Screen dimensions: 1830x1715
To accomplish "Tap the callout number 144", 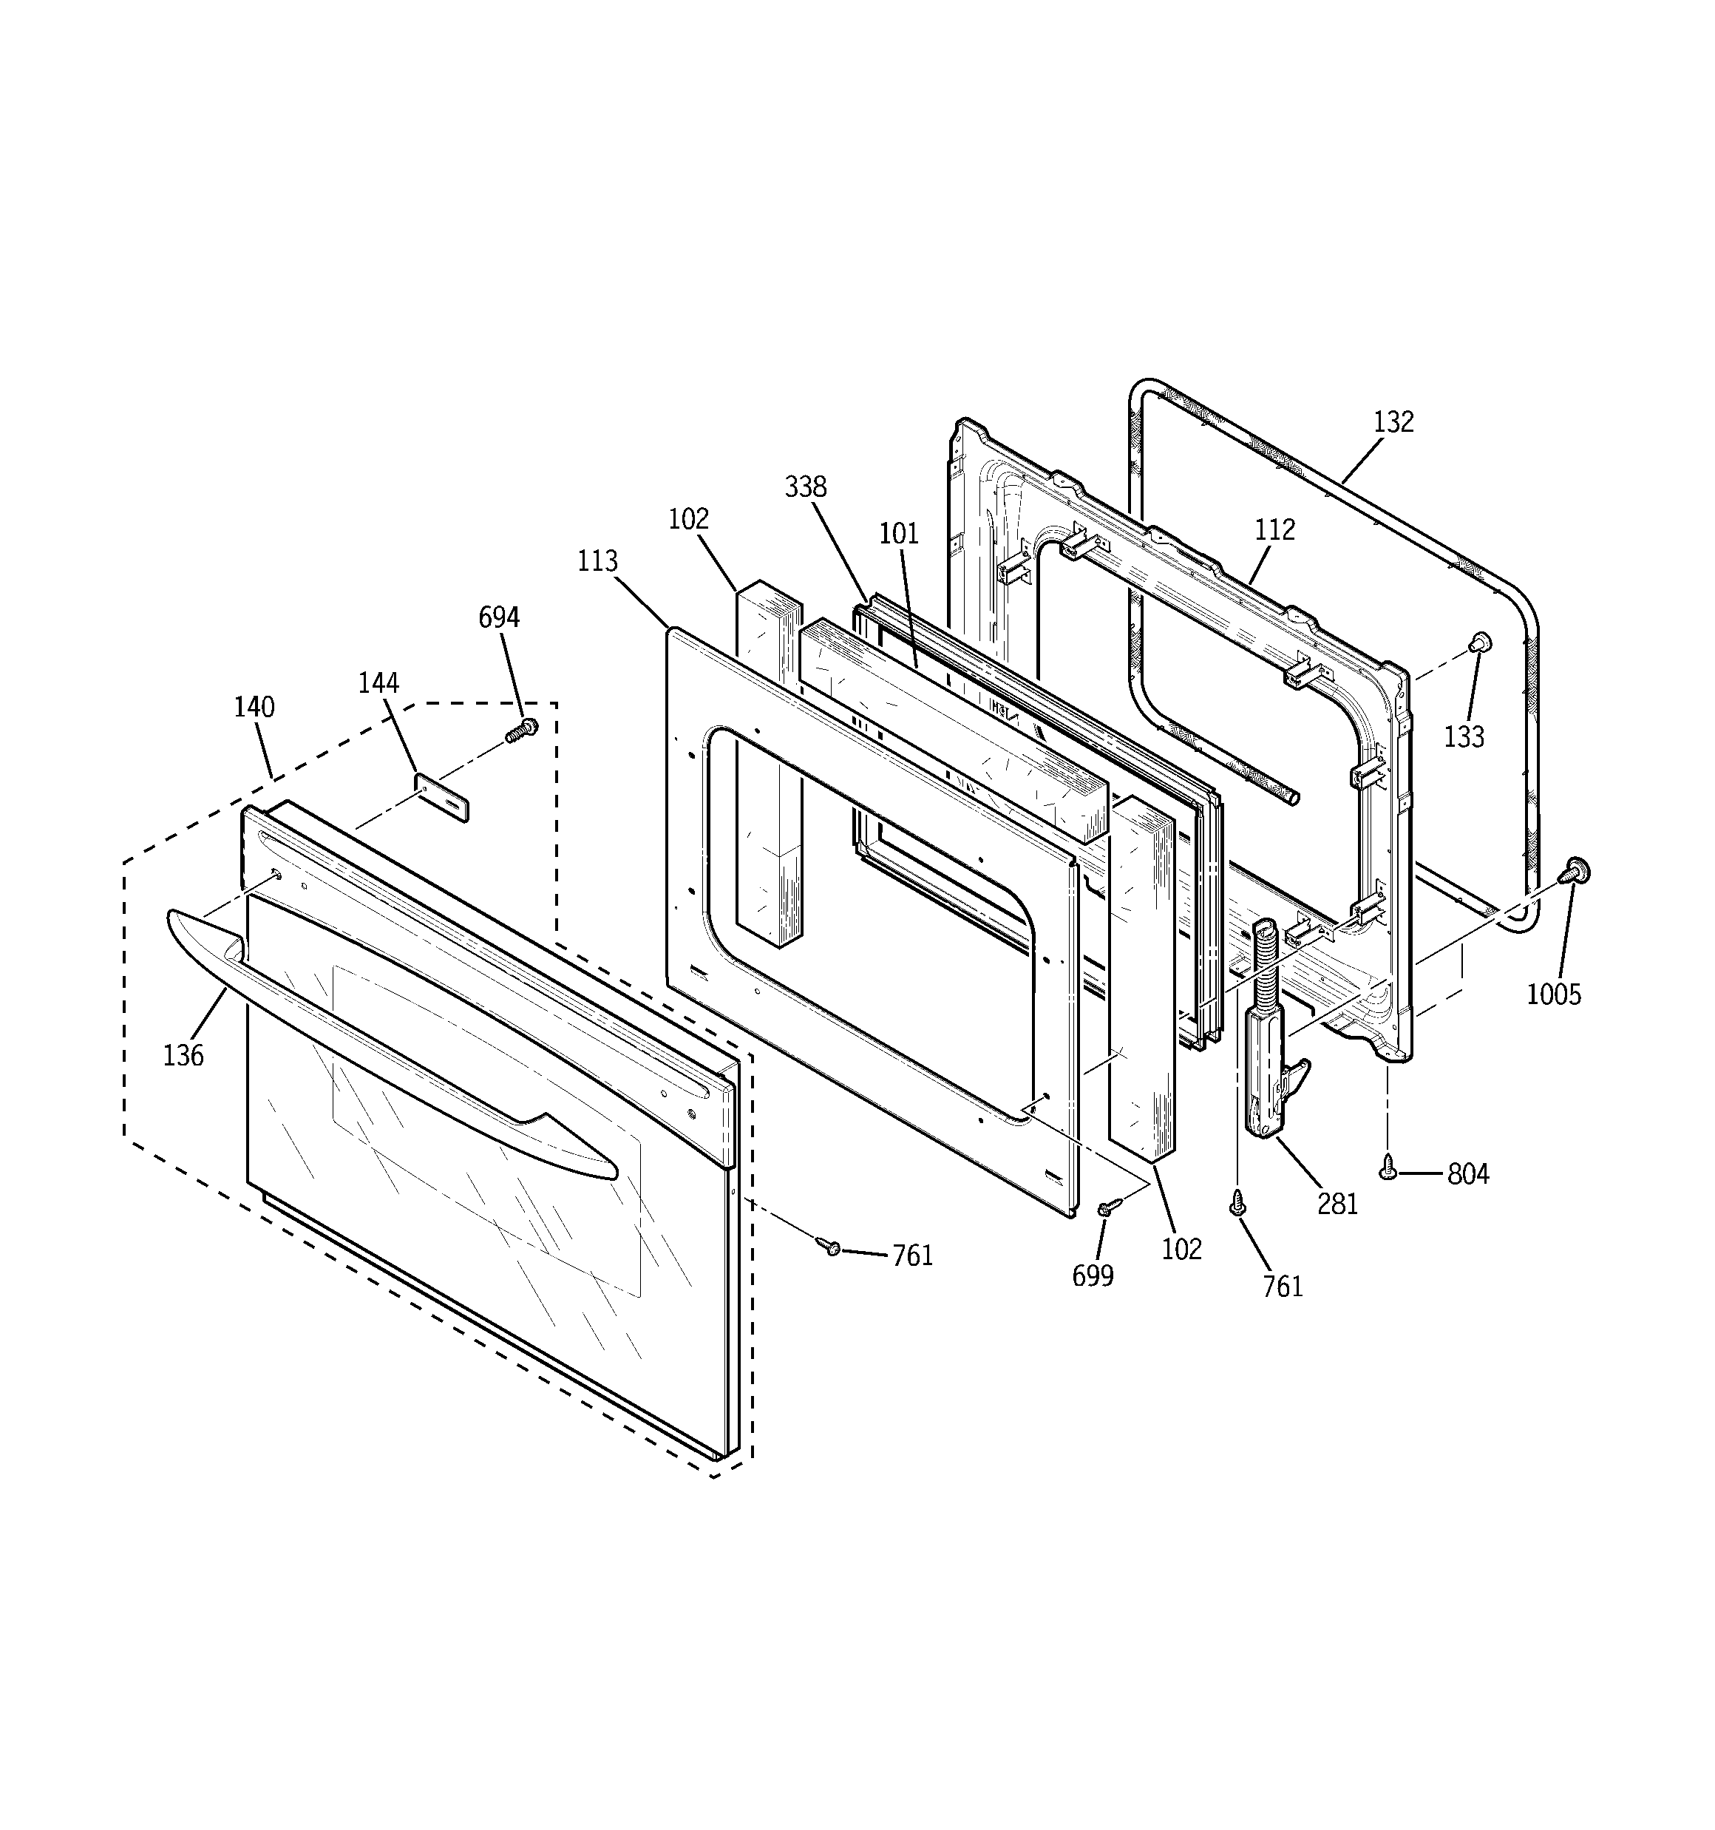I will click(x=378, y=682).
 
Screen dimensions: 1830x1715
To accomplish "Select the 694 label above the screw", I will click(x=499, y=617).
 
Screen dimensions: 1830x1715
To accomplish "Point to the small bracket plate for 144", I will click(x=443, y=797).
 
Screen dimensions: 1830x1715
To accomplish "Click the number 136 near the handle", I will click(x=183, y=1055).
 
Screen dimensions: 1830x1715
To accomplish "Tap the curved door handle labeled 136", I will click(x=387, y=1040).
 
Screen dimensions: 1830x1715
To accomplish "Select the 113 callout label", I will click(x=597, y=560).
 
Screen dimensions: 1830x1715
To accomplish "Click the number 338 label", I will click(x=806, y=487).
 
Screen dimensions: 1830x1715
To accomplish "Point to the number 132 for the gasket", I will click(x=1393, y=421).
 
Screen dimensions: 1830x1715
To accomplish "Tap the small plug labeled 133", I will click(x=1479, y=642).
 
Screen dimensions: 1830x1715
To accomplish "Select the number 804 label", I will click(x=1468, y=1173).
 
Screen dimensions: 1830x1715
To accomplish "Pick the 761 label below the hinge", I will click(x=1283, y=1286).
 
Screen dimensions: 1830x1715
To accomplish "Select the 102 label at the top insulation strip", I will click(x=688, y=518).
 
